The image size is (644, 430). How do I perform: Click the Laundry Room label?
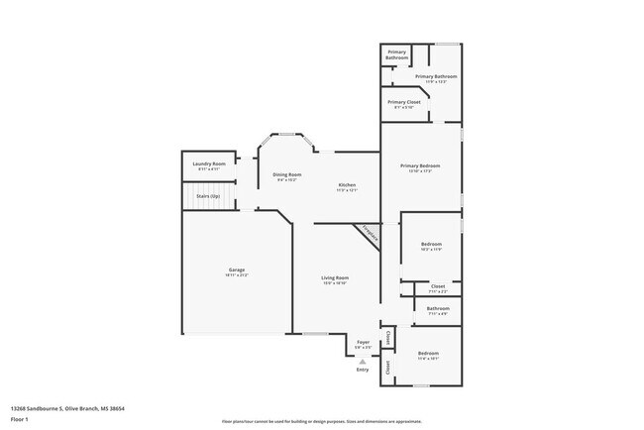[x=209, y=163]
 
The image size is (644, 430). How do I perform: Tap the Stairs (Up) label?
[x=208, y=196]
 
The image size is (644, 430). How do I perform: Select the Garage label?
[x=237, y=269]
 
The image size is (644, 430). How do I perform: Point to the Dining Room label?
[x=286, y=175]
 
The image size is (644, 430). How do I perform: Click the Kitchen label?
[x=347, y=185]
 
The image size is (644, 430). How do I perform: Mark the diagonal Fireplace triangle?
[x=368, y=234]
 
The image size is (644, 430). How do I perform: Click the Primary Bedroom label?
[x=420, y=165]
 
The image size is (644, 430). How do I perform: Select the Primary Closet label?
[x=403, y=102]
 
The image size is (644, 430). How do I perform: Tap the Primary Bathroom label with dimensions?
[x=436, y=76]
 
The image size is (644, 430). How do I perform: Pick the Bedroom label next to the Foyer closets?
[x=428, y=354]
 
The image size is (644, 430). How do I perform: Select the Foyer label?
[x=363, y=342]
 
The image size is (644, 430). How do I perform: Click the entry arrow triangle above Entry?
[x=363, y=362]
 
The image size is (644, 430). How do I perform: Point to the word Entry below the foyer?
[x=363, y=370]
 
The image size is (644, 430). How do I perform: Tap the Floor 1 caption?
[x=20, y=418]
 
